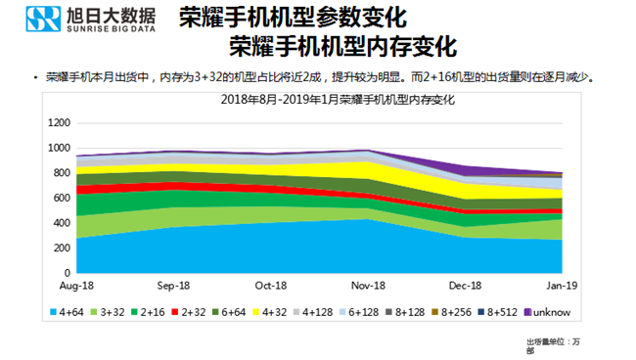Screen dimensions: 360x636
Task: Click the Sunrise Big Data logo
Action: click(x=83, y=21)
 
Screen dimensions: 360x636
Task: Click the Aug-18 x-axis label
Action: click(x=75, y=286)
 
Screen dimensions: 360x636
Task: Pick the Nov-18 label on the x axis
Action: click(x=367, y=286)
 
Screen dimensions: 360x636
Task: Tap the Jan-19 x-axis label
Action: click(x=561, y=286)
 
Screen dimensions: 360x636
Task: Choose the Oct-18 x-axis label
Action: click(x=270, y=286)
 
